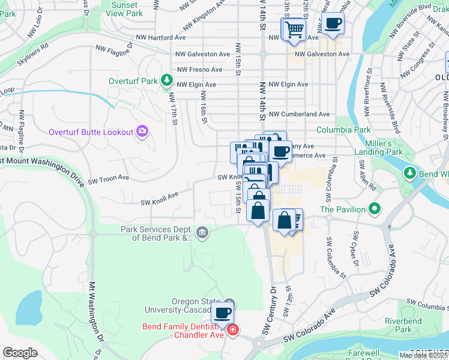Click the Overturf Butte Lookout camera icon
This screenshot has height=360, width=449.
coord(142,130)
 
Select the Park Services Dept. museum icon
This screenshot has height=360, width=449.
coord(202,232)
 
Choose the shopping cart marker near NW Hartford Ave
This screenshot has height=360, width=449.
coord(294,29)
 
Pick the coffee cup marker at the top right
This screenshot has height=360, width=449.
coord(333,24)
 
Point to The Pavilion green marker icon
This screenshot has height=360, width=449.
coord(375,209)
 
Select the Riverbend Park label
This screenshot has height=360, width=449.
coord(403,325)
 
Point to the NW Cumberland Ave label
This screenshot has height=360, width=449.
coord(299,114)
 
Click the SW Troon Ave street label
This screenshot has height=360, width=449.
coord(109,179)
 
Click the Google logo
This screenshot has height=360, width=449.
coord(20,353)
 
